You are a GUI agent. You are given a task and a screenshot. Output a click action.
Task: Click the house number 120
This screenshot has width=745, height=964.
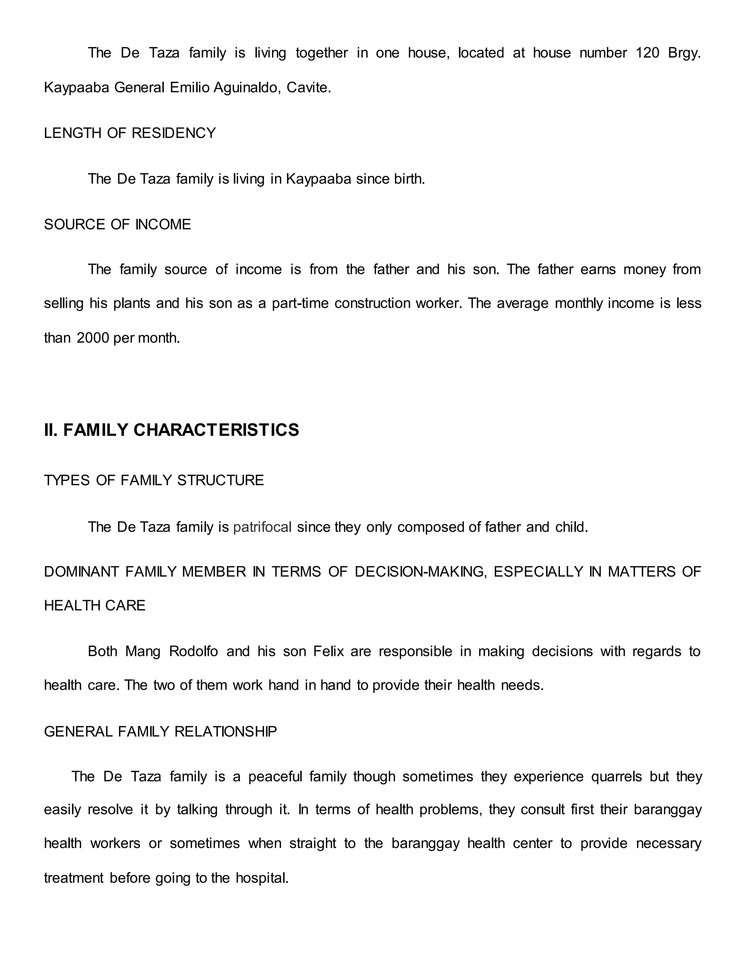click(647, 53)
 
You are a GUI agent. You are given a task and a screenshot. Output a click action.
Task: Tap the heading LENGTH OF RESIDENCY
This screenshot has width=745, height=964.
click(130, 133)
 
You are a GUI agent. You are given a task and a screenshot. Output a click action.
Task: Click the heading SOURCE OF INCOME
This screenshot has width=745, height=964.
click(117, 224)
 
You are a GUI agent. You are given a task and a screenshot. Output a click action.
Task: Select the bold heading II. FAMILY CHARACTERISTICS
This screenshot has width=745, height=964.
click(171, 430)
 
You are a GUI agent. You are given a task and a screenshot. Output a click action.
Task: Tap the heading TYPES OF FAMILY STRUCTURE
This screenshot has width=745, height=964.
click(154, 480)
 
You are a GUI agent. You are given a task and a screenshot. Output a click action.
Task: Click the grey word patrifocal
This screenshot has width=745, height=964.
click(262, 527)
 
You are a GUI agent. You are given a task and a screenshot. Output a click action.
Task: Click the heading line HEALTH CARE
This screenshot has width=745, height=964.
click(95, 605)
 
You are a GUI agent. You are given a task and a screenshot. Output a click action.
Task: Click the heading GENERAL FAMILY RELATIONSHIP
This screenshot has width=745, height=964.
click(160, 732)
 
